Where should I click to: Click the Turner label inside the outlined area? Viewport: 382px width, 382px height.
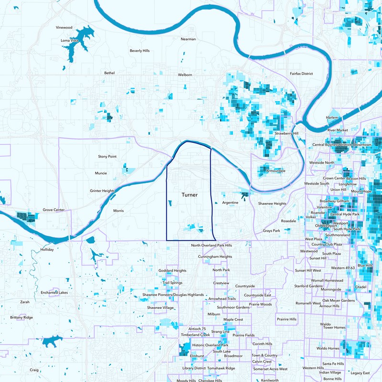[x=190, y=195]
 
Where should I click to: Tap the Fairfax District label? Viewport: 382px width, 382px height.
[x=301, y=74]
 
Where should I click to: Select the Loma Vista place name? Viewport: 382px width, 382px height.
[x=69, y=41]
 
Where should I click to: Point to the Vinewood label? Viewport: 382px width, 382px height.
[x=64, y=28]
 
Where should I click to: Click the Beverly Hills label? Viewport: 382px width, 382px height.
[x=139, y=51]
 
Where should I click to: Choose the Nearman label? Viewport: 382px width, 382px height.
[x=188, y=39]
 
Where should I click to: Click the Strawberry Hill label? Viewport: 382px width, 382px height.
[x=286, y=133]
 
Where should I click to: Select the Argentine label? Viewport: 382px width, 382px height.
[x=230, y=202]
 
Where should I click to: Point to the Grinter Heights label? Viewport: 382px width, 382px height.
[x=103, y=191]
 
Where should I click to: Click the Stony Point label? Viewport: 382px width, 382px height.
[x=107, y=156]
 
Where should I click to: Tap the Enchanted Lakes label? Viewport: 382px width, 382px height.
[x=54, y=292]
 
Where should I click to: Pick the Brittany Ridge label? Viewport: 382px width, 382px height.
[x=21, y=318]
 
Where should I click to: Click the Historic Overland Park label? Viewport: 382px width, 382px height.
[x=210, y=345]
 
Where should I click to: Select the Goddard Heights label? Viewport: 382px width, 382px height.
[x=172, y=271]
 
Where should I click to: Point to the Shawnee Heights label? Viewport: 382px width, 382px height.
[x=272, y=203]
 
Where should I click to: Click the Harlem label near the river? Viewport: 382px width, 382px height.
[x=332, y=117]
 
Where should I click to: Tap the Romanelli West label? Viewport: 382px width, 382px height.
[x=308, y=303]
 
